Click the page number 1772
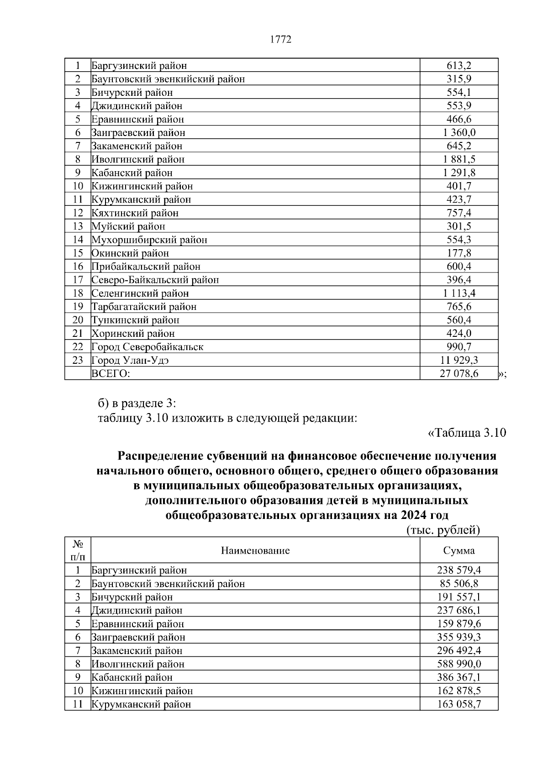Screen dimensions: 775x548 (x=280, y=40)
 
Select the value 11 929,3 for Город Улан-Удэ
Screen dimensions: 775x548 (x=459, y=360)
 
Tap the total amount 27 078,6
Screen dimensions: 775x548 (x=459, y=374)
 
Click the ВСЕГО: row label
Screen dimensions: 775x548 (x=111, y=374)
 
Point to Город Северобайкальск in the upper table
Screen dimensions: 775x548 (x=147, y=347)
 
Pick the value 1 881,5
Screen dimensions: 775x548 (x=459, y=159)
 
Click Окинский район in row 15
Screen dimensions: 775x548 (x=130, y=253)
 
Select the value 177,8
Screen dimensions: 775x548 (x=459, y=253)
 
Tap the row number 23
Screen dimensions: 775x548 (x=78, y=360)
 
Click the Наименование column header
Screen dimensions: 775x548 (x=255, y=550)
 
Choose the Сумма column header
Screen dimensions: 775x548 (x=459, y=550)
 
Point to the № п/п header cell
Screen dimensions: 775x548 (x=78, y=550)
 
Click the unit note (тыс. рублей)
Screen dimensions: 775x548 (x=443, y=530)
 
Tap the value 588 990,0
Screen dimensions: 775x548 (x=459, y=664)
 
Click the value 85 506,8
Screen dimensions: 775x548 (x=459, y=584)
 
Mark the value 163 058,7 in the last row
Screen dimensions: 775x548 (x=459, y=704)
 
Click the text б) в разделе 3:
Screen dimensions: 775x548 (x=137, y=403)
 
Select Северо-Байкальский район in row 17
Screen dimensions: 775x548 (x=155, y=280)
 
